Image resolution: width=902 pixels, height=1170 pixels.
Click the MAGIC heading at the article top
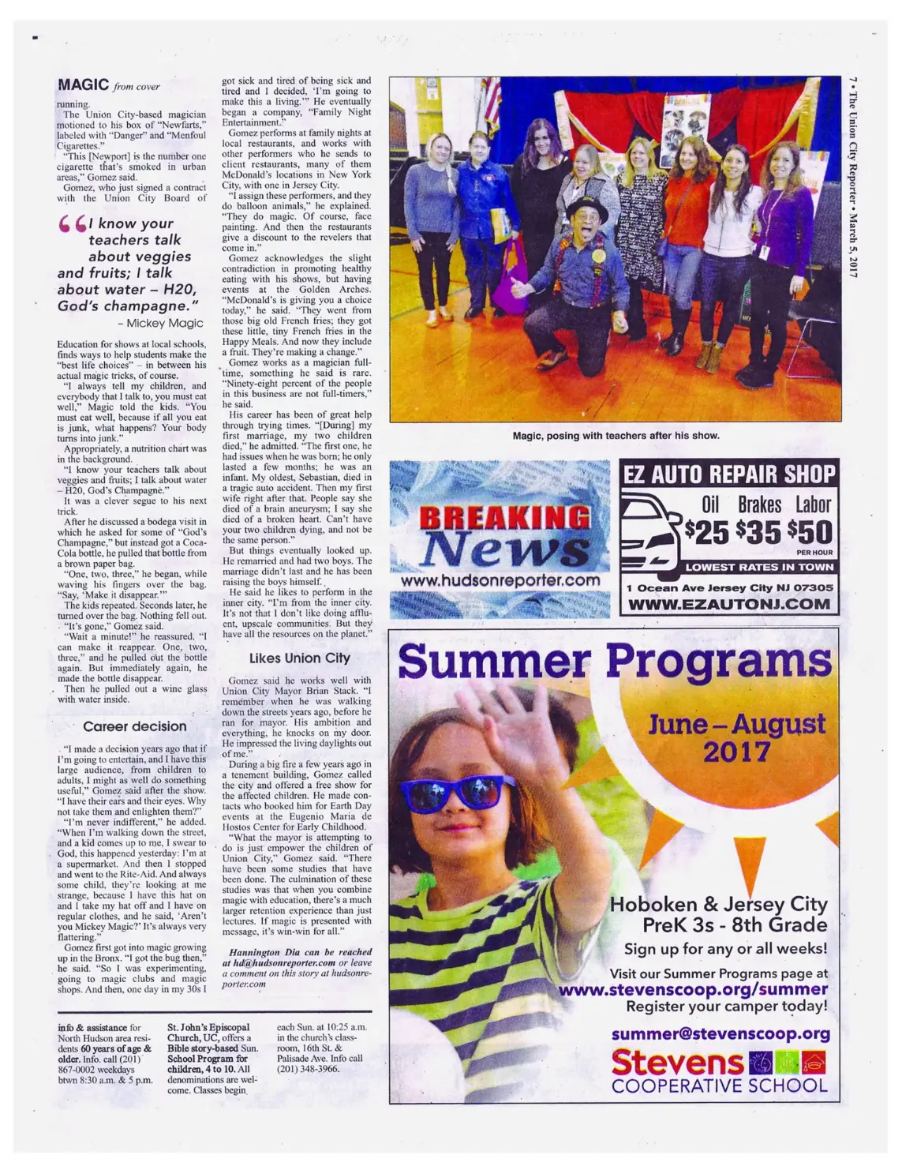(x=82, y=85)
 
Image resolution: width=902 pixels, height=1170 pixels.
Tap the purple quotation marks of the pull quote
(x=73, y=227)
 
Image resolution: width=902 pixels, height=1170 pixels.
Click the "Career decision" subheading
(x=135, y=726)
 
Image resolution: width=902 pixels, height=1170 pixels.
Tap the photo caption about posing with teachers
(x=616, y=435)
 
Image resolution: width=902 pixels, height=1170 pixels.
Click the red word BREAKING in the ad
(x=506, y=517)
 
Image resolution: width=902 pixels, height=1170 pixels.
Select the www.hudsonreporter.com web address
(x=500, y=580)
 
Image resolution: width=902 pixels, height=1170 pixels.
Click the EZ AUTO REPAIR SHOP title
(x=728, y=474)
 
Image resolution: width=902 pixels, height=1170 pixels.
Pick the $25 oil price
(x=706, y=533)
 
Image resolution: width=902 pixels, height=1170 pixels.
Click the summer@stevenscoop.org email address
(x=720, y=1033)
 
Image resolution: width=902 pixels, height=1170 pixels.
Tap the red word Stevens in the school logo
(x=677, y=1062)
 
